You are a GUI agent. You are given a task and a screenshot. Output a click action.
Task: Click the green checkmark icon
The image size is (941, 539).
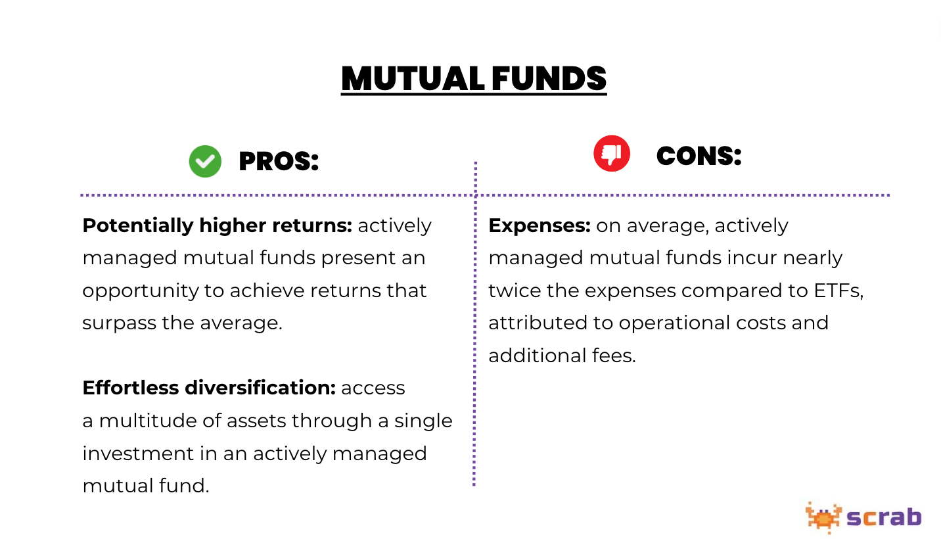click(205, 161)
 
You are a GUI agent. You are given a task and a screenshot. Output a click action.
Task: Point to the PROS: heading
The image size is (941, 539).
click(279, 161)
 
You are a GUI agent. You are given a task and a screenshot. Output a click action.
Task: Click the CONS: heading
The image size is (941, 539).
click(699, 156)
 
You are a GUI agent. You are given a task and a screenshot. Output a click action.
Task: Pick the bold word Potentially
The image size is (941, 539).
click(136, 225)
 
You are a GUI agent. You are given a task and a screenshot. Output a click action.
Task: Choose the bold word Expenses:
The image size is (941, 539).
click(539, 225)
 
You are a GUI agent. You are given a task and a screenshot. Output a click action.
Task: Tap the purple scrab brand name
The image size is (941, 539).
click(884, 517)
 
